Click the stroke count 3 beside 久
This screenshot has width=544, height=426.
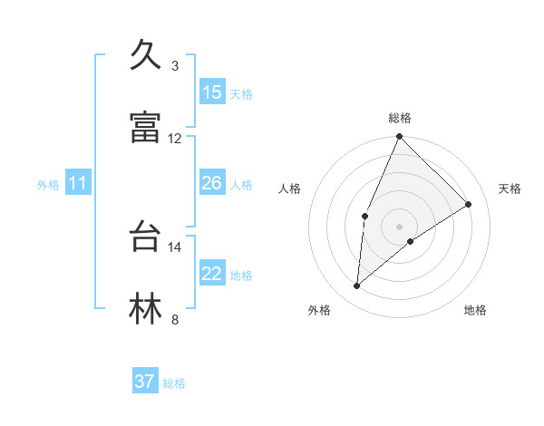click(x=175, y=65)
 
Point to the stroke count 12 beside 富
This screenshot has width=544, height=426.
click(x=175, y=138)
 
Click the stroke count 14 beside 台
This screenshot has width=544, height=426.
click(x=175, y=247)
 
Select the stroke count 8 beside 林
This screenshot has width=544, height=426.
click(x=175, y=319)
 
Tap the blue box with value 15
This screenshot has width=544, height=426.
click(x=212, y=92)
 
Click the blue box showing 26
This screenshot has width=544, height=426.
click(x=212, y=184)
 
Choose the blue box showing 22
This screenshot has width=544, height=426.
click(x=212, y=274)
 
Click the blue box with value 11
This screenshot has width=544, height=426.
click(x=78, y=184)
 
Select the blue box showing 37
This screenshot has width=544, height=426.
click(x=145, y=382)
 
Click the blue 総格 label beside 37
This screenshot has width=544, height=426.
click(x=174, y=383)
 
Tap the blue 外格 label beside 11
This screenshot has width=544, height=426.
click(x=48, y=185)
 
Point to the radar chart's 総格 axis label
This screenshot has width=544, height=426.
click(x=399, y=118)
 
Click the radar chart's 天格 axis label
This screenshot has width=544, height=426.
click(x=510, y=189)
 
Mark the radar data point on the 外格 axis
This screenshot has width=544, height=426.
click(x=357, y=286)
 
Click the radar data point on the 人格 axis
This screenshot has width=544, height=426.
click(x=364, y=216)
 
